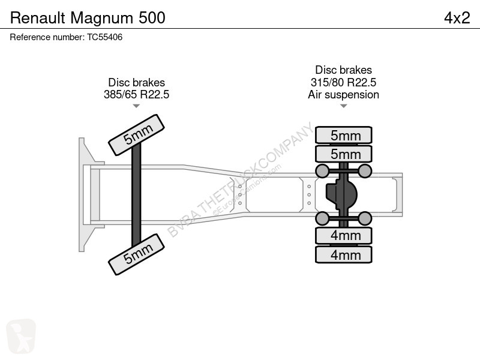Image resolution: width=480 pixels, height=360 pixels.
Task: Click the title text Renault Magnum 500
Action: [88, 18]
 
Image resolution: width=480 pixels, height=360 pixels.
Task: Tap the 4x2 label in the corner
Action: [457, 18]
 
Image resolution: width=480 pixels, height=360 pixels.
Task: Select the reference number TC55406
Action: [104, 37]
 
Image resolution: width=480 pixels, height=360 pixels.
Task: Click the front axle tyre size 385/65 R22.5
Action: [137, 94]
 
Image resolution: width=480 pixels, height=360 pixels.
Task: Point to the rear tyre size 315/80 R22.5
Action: [343, 82]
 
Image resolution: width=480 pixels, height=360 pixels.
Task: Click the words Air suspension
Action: [343, 95]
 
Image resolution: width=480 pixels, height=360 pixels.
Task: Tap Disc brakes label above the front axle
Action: [137, 82]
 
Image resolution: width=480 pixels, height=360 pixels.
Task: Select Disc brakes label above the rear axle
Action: [343, 70]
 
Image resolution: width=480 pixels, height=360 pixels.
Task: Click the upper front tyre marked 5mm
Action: [137, 135]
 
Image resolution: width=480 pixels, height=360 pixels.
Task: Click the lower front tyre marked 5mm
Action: [137, 254]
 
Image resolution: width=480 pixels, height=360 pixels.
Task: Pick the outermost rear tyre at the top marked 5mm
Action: [343, 135]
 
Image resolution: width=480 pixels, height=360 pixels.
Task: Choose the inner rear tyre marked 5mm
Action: [343, 154]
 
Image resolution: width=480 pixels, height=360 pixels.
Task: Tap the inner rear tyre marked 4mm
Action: [343, 236]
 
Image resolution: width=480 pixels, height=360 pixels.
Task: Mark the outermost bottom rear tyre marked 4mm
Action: [343, 254]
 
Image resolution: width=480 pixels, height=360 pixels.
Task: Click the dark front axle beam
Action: [136, 194]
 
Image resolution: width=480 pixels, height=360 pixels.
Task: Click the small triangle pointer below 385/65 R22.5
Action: [136, 106]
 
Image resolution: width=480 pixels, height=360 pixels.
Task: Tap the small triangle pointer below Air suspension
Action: [343, 106]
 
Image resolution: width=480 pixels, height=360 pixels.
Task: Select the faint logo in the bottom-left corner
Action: [21, 336]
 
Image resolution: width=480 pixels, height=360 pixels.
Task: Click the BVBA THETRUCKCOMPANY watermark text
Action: [241, 179]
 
